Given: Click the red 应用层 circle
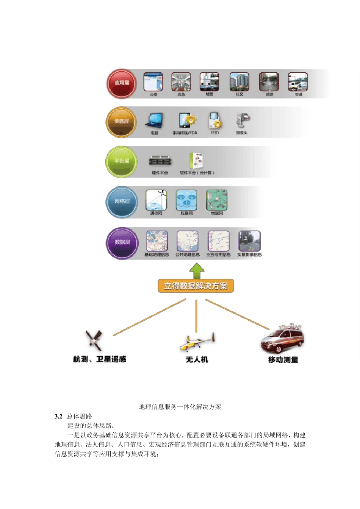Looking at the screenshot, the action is point(122,83).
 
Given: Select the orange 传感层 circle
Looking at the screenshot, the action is point(121,122).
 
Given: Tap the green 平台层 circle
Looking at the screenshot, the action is point(121,162).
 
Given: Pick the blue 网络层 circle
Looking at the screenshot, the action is point(122,202).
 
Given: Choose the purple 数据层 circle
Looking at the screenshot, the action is point(122,243).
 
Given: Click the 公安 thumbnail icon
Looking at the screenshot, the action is point(153,82).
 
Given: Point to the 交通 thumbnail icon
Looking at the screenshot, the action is point(298,82).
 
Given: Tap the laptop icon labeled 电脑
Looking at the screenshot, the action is point(154,121).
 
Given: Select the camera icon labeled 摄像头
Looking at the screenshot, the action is point(242,120).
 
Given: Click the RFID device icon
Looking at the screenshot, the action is point(214,120).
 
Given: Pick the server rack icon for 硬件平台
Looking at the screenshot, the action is point(160,161).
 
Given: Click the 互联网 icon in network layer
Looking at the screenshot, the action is point(186,200).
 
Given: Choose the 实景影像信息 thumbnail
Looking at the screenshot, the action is point(249,241).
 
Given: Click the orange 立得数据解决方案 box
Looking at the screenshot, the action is point(196,286).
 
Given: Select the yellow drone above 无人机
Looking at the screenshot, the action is point(197,342).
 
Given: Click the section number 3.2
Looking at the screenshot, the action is point(58,416).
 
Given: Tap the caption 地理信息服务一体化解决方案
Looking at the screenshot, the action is point(180,407).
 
